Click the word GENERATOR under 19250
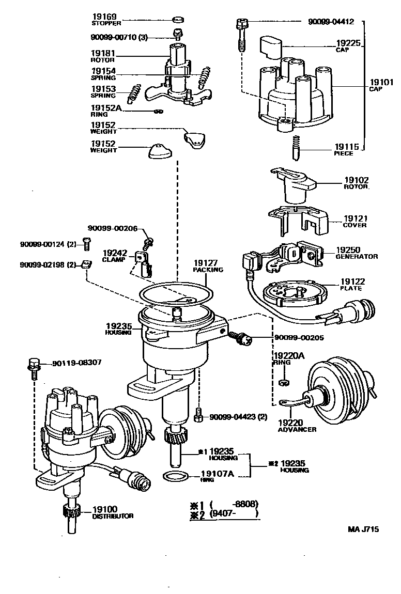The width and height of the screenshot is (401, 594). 357,257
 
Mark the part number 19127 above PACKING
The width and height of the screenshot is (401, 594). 208,262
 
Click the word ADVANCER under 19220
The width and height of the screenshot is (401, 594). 297,430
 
